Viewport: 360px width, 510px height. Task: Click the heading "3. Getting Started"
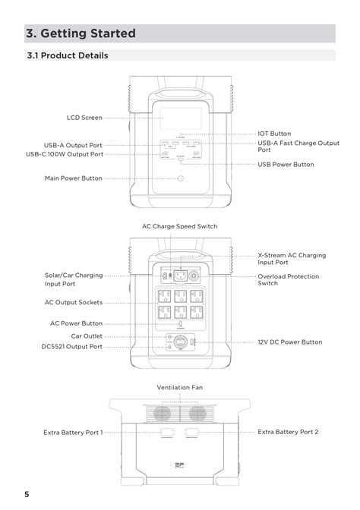click(x=81, y=33)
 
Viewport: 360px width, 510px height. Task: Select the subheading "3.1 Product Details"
click(x=67, y=55)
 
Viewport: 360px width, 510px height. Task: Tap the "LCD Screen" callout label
click(x=84, y=118)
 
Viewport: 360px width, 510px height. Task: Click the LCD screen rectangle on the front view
click(x=180, y=119)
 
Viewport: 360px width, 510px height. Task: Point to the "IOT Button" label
click(x=274, y=134)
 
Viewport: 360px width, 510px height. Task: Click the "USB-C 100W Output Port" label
click(x=65, y=154)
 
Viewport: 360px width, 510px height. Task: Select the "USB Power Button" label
click(x=286, y=164)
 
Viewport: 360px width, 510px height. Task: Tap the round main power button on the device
click(x=180, y=178)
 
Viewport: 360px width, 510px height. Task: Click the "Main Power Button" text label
click(x=73, y=178)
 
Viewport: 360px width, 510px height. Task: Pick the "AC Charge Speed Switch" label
click(x=180, y=226)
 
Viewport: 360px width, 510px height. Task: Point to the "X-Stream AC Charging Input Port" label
click(x=292, y=259)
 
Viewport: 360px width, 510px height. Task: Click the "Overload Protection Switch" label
click(x=289, y=280)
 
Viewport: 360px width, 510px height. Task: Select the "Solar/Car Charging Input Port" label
click(x=73, y=279)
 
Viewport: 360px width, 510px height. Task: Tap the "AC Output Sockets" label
click(x=74, y=302)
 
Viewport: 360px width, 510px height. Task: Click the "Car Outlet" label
click(x=87, y=335)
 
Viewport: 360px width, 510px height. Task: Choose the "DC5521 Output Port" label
click(x=71, y=346)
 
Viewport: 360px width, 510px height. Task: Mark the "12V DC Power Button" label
click(x=289, y=342)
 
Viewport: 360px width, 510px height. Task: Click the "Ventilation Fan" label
click(x=180, y=387)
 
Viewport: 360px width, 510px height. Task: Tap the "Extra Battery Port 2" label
click(x=288, y=432)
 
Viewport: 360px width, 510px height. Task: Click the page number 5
click(x=27, y=495)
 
